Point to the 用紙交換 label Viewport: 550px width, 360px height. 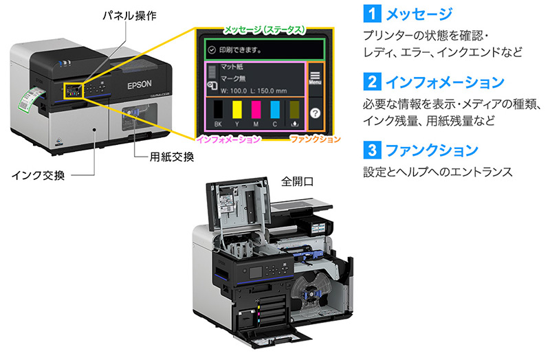point(172,157)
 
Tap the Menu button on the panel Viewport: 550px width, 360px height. point(316,76)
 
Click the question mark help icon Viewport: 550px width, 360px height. point(316,112)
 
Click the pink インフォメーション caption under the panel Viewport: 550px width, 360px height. point(229,139)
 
